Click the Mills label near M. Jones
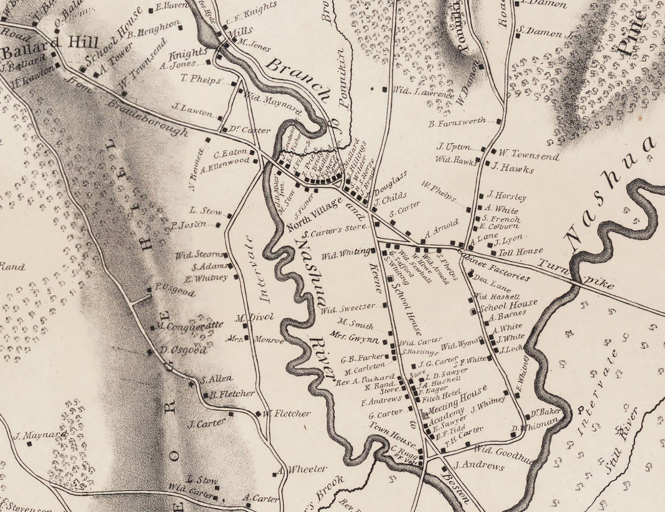tap(240, 31)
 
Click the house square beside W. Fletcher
tap(258, 414)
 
